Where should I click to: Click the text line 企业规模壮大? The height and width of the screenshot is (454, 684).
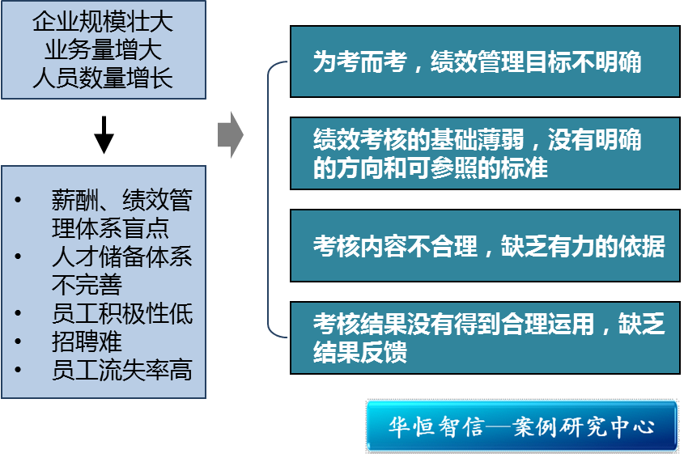(x=103, y=22)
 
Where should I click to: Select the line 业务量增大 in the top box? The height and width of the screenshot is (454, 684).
(x=103, y=49)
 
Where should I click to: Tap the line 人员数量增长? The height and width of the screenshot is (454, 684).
(x=103, y=78)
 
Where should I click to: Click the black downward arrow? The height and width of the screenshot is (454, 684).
(x=104, y=134)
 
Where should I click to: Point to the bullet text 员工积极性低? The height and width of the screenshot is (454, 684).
(x=122, y=313)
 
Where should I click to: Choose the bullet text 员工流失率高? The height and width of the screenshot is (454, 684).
(x=122, y=370)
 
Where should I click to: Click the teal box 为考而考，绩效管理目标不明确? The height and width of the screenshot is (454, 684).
(x=484, y=62)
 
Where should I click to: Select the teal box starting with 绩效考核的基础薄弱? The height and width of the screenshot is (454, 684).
(x=484, y=154)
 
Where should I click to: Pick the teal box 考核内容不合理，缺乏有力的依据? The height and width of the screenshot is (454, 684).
(x=484, y=246)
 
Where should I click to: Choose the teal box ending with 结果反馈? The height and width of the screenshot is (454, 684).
(x=484, y=338)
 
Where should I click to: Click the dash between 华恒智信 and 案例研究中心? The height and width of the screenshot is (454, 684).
(x=499, y=426)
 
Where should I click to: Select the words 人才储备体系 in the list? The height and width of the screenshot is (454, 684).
(x=122, y=257)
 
